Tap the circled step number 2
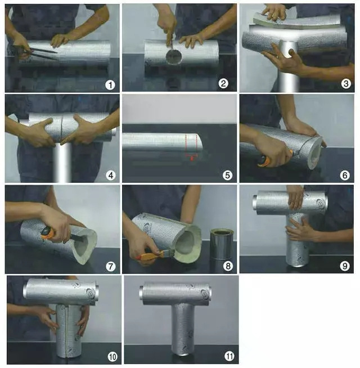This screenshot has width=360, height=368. pyautogui.click(x=223, y=83)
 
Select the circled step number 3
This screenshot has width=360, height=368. pyautogui.click(x=346, y=84)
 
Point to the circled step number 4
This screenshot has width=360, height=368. pyautogui.click(x=111, y=175)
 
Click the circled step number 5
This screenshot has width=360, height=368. pyautogui.click(x=227, y=175)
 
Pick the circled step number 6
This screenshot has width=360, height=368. pyautogui.click(x=344, y=175)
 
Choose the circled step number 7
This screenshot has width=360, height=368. pyautogui.click(x=111, y=266)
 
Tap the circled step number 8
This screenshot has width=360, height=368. pyautogui.click(x=228, y=266)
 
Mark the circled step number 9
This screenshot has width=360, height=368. pyautogui.click(x=344, y=266)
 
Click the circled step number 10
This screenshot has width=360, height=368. pyautogui.click(x=112, y=357)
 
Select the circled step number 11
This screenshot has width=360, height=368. pyautogui.click(x=229, y=357)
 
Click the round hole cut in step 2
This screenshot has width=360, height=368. pyautogui.click(x=174, y=56)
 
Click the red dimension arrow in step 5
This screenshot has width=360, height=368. pyautogui.click(x=191, y=156)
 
